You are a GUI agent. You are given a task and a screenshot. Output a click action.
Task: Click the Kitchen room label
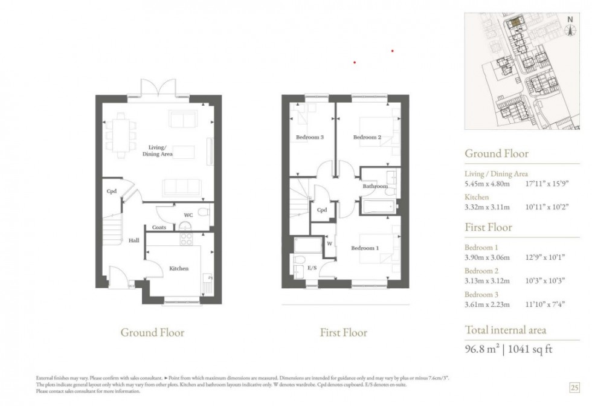pos(179,268)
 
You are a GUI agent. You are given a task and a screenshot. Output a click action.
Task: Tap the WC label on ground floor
pos(188,214)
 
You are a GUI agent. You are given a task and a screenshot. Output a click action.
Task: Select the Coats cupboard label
pos(159,227)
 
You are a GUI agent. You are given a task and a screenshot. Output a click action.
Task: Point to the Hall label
pos(134,240)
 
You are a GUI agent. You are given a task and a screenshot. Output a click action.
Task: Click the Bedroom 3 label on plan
pos(309,137)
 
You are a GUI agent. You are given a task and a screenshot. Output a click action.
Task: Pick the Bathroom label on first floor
pos(375,187)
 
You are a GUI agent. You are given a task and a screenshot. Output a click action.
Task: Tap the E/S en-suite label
pos(312,266)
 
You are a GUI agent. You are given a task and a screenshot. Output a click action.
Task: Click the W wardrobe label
pos(330,244)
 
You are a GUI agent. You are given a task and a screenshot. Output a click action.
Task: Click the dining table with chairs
pos(121,135)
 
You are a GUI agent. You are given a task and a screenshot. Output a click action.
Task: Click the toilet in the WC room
pos(202,213)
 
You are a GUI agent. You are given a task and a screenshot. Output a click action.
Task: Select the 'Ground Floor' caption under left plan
pos(152,332)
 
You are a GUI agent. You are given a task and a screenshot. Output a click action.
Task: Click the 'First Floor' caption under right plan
pos(343,332)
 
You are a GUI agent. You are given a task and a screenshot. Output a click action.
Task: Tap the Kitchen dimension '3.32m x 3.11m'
pos(487,207)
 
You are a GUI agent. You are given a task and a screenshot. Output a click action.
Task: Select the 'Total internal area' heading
pos(505,330)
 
